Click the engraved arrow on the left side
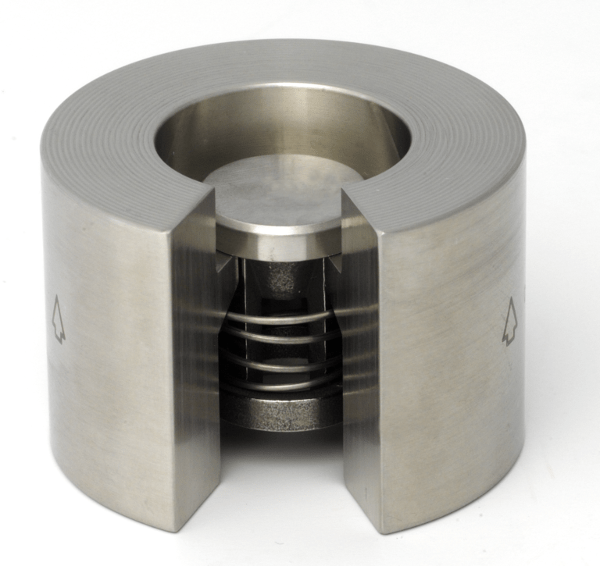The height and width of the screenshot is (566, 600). pyautogui.click(x=57, y=319)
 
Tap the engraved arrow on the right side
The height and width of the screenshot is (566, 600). pyautogui.click(x=509, y=320)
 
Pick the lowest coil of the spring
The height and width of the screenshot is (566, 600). pyautogui.click(x=281, y=383)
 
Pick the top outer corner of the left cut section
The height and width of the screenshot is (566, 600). pyautogui.click(x=168, y=227)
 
